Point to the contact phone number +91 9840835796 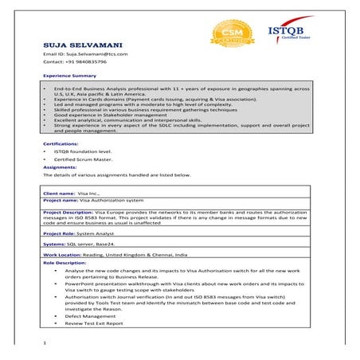tap(75, 62)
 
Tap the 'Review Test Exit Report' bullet tap(94, 323)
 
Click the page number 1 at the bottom tap(45, 342)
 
